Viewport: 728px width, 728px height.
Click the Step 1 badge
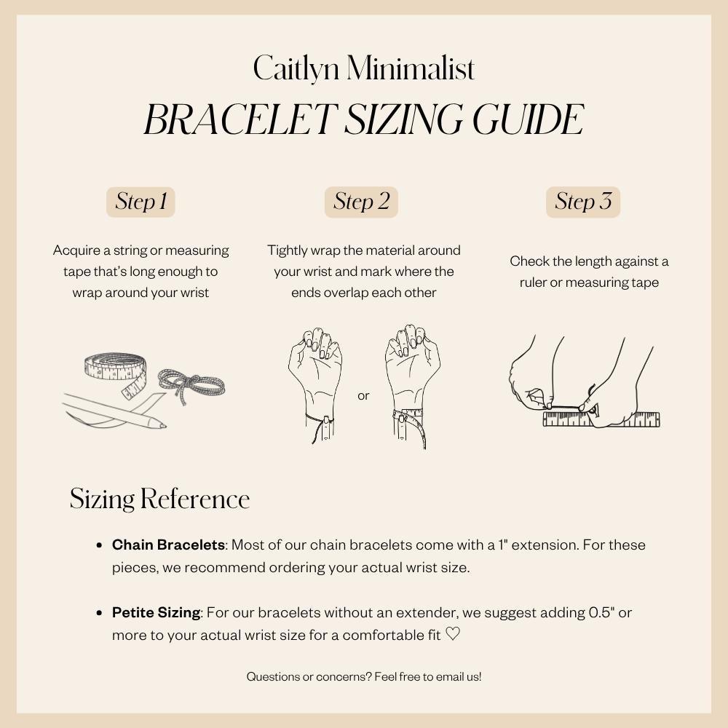tap(141, 202)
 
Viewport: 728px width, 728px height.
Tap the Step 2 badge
tap(361, 202)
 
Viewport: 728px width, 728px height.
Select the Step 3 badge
tap(582, 202)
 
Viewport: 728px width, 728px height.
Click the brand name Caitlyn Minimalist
tap(364, 69)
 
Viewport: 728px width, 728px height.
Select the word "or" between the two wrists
tap(363, 396)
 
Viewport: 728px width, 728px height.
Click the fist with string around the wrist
tap(315, 386)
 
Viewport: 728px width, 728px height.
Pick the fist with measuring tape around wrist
tap(412, 386)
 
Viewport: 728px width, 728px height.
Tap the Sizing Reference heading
tap(159, 499)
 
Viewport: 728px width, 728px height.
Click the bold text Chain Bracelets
tap(168, 545)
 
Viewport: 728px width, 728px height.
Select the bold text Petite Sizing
tap(156, 613)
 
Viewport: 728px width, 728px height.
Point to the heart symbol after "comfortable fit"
tap(453, 635)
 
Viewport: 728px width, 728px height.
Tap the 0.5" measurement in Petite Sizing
tap(601, 613)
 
